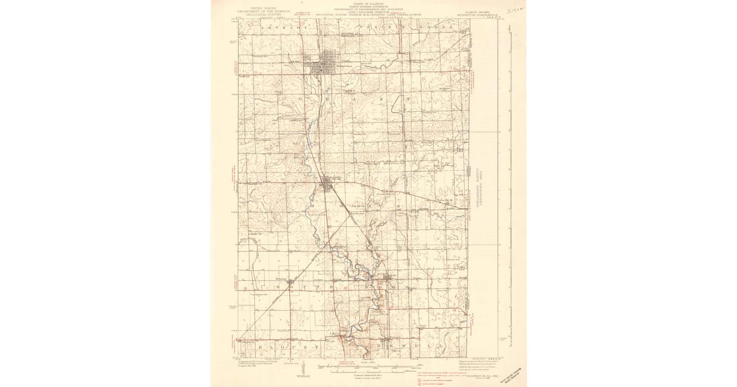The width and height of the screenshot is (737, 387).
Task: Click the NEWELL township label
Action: [x=405, y=347]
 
